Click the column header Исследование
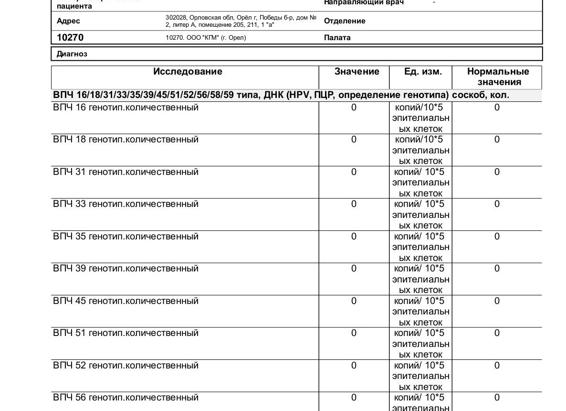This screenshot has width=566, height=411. (x=188, y=72)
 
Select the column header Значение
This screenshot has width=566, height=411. (x=356, y=72)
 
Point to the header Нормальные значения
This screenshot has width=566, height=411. (x=498, y=76)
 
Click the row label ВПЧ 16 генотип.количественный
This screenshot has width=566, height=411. (x=126, y=108)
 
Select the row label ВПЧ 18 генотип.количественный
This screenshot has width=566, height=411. (x=126, y=140)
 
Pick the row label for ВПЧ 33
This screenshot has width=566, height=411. (x=126, y=204)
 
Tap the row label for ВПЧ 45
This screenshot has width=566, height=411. (x=126, y=301)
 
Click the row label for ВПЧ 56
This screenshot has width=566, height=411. (x=126, y=398)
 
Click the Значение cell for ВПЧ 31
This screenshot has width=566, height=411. (x=354, y=172)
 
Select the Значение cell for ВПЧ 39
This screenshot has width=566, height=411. (x=354, y=269)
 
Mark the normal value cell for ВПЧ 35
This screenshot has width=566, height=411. (x=497, y=237)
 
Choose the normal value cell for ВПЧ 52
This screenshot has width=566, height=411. (x=497, y=366)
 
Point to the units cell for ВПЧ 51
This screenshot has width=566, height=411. (x=420, y=344)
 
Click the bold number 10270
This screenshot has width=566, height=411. (x=70, y=37)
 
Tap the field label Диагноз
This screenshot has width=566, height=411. (x=72, y=54)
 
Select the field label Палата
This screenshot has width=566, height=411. (x=337, y=38)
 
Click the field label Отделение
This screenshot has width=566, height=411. (x=345, y=21)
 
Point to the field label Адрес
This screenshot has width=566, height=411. (x=68, y=21)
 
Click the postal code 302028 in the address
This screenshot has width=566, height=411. (x=176, y=18)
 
